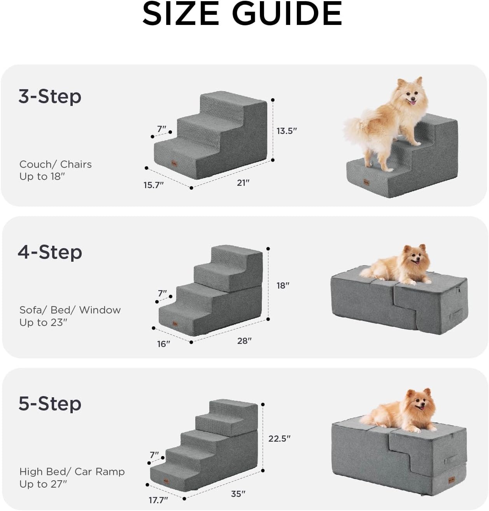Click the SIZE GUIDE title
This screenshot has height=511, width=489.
pyautogui.click(x=242, y=14)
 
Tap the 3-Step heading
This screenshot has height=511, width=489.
pyautogui.click(x=50, y=96)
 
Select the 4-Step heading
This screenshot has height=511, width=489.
pyautogui.click(x=50, y=252)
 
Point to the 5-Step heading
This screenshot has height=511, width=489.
pyautogui.click(x=50, y=404)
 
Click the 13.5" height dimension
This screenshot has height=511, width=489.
pyautogui.click(x=287, y=131)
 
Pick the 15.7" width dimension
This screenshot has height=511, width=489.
pyautogui.click(x=154, y=185)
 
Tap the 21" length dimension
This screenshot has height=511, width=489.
pyautogui.click(x=243, y=183)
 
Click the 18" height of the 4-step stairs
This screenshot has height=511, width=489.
pyautogui.click(x=283, y=285)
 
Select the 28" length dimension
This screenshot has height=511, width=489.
pyautogui.click(x=244, y=341)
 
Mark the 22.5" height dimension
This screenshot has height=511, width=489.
pyautogui.click(x=279, y=439)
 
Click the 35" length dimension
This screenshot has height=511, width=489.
pyautogui.click(x=238, y=494)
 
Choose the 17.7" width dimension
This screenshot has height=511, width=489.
pyautogui.click(x=158, y=500)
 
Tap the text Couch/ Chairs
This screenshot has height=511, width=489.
pyautogui.click(x=56, y=164)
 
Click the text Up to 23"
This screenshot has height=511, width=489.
pyautogui.click(x=44, y=322)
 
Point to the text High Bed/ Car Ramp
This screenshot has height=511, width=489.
pyautogui.click(x=72, y=472)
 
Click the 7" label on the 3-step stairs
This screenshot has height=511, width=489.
pyautogui.click(x=162, y=129)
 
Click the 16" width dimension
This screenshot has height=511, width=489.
pyautogui.click(x=164, y=344)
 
